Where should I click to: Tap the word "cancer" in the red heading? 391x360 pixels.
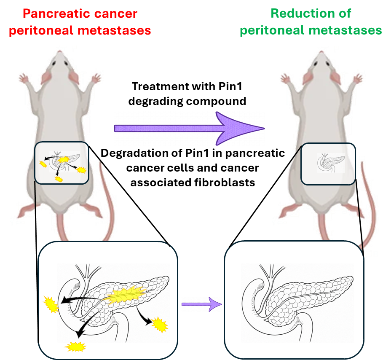116,13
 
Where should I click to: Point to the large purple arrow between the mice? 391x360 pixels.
190,128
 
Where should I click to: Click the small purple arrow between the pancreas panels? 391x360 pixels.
202,303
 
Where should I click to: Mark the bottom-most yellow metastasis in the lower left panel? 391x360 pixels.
76,347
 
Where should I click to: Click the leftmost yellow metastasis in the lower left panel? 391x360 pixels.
50,304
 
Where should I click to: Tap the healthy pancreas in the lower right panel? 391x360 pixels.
295,295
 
